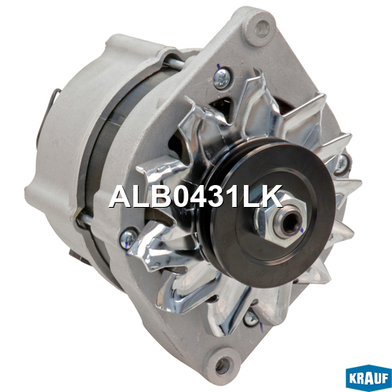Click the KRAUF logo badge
pyautogui.click(x=368, y=379)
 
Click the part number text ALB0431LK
pyautogui.click(x=196, y=196)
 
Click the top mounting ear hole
pyautogui.click(x=261, y=27)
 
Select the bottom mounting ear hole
pyautogui.click(x=223, y=364)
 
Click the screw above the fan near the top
pyautogui.click(x=222, y=77)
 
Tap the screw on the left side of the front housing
pyautogui.click(x=128, y=238)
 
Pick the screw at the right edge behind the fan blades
pyautogui.click(x=342, y=164)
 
